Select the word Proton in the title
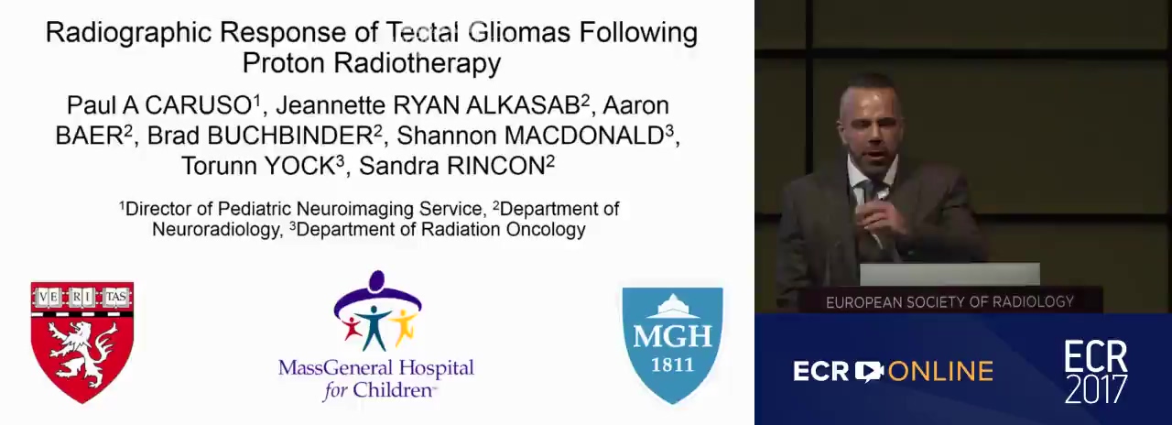pyautogui.click(x=284, y=63)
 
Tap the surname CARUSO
pyautogui.click(x=200, y=105)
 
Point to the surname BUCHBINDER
pyautogui.click(x=290, y=136)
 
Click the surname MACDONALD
pyautogui.click(x=584, y=136)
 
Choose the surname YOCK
pyautogui.click(x=299, y=166)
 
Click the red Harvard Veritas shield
pyautogui.click(x=82, y=343)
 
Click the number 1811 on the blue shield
pyautogui.click(x=672, y=365)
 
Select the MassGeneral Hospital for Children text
pyautogui.click(x=376, y=379)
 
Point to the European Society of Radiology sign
pyautogui.click(x=950, y=302)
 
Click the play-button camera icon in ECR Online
pyautogui.click(x=869, y=371)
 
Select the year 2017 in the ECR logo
pyautogui.click(x=1096, y=389)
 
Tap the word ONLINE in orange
pyautogui.click(x=940, y=372)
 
